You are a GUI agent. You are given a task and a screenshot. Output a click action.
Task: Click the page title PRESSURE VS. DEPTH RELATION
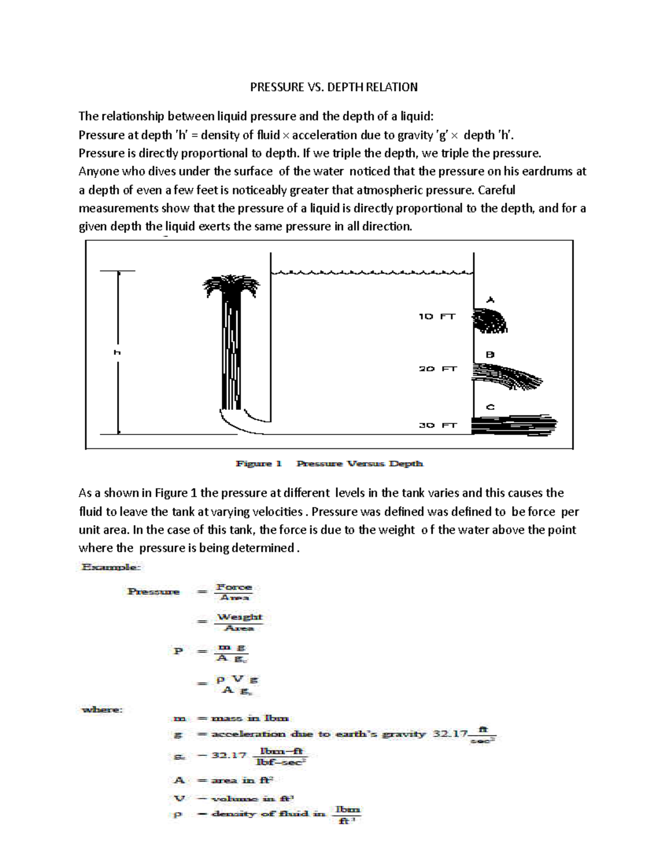[x=333, y=87]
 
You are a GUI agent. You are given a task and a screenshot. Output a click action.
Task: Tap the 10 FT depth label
[x=437, y=316]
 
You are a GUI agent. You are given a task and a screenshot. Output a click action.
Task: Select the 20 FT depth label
[x=438, y=369]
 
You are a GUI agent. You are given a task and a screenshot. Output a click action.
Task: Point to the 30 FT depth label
[x=438, y=425]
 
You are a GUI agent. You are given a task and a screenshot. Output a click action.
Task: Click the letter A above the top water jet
[x=490, y=300]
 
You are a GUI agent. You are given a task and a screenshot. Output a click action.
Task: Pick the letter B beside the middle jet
[x=490, y=354]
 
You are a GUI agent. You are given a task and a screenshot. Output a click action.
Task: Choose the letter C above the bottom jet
[x=490, y=407]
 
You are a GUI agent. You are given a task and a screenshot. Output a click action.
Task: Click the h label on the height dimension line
[x=118, y=352]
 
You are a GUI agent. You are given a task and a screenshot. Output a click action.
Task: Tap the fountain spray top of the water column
[x=230, y=285]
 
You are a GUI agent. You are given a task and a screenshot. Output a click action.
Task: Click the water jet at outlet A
[x=489, y=321]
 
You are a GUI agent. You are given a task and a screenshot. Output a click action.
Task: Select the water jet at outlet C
[x=513, y=424]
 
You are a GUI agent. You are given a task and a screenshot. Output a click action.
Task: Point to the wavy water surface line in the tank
[x=372, y=272]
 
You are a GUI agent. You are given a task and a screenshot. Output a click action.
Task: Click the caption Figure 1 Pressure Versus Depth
[x=329, y=463]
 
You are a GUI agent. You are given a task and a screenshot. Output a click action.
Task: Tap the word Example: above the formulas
[x=111, y=567]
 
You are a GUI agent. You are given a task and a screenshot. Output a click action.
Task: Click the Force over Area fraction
[x=234, y=592]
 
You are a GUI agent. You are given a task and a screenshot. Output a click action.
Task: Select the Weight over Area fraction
[x=239, y=622]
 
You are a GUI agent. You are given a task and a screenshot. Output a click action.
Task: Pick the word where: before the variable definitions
[x=102, y=710]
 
